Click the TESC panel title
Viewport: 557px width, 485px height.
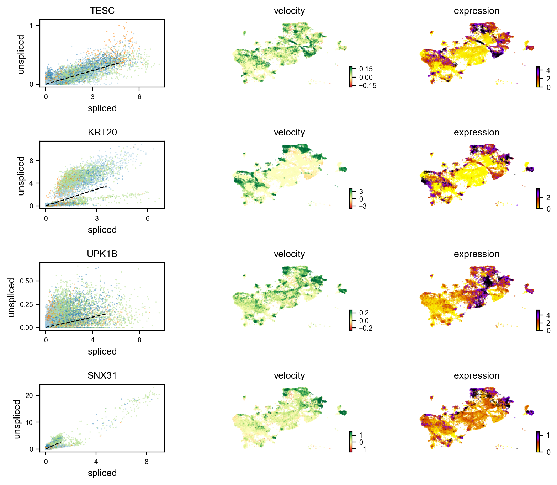[102, 11]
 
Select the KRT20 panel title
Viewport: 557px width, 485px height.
[102, 132]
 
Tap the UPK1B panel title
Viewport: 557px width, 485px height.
[102, 254]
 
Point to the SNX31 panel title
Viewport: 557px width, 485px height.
[102, 375]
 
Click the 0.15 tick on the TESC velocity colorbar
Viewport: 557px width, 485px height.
[366, 69]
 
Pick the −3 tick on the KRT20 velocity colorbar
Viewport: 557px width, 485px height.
[363, 206]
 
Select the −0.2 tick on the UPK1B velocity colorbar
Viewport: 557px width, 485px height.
[366, 328]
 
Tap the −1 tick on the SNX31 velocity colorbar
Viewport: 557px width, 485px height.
[362, 449]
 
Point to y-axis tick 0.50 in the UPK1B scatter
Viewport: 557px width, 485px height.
[27, 281]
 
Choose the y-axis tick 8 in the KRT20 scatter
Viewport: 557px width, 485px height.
[31, 161]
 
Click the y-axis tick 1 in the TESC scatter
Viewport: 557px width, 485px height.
[31, 25]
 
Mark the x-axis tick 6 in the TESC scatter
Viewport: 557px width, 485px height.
[139, 97]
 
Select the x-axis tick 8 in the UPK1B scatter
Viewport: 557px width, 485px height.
[139, 340]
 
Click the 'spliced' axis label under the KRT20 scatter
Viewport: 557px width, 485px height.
[102, 230]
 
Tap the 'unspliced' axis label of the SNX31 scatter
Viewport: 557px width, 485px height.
[17, 419]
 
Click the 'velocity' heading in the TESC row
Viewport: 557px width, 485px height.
[289, 11]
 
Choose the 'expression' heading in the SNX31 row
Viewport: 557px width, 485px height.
[476, 375]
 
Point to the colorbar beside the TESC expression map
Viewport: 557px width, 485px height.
[538, 76]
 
